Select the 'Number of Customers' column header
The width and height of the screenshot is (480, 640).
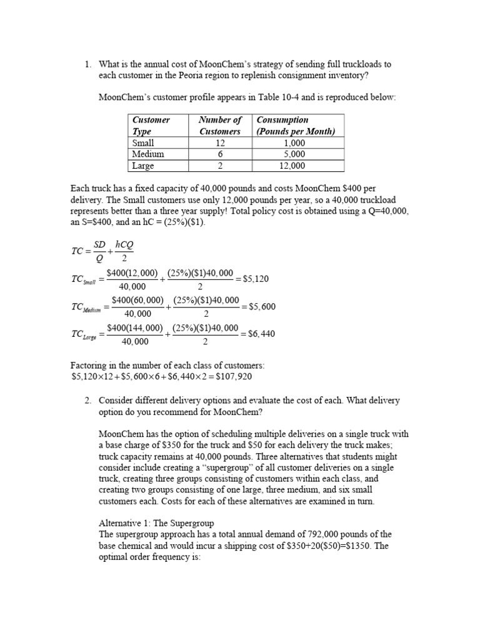coord(219,125)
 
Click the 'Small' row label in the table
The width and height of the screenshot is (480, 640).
coord(143,143)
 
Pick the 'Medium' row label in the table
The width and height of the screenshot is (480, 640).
coord(147,154)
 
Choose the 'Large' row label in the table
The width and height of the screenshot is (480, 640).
coord(144,166)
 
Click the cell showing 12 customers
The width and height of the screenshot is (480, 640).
coord(219,143)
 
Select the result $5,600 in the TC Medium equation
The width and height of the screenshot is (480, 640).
coord(261,306)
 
